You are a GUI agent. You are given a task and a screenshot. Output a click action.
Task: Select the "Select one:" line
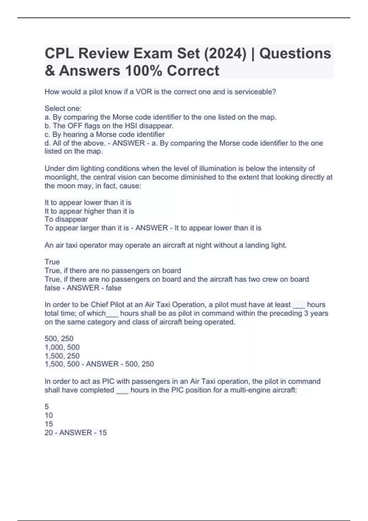coord(63,108)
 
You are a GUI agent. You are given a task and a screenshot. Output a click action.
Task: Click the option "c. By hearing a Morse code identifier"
coord(105,135)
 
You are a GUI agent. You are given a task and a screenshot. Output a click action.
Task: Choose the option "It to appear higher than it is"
coord(89,211)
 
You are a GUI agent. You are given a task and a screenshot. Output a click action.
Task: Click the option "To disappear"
coord(66,219)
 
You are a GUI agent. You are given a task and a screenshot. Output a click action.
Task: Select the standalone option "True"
coord(52,262)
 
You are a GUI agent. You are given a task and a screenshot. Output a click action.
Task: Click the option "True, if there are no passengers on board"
coord(113,271)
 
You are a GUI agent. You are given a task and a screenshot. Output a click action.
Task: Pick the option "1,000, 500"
coord(62,347)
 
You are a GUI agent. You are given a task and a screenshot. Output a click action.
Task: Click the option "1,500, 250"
coord(62,356)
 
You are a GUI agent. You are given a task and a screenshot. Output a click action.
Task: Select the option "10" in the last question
coord(49,415)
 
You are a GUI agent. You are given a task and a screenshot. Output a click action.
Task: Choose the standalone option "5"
coord(47,407)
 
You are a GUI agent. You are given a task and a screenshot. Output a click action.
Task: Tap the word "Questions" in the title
coord(295,53)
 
